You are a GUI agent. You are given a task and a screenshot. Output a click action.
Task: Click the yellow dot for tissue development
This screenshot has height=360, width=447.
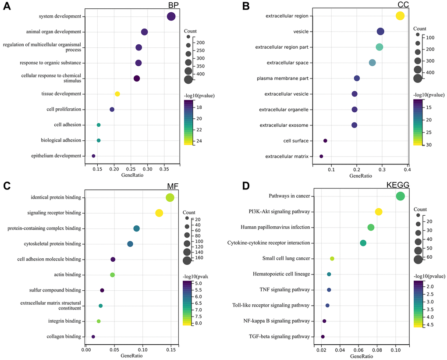(x=117, y=94)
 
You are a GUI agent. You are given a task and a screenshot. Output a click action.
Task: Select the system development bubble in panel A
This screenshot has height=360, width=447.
(x=171, y=17)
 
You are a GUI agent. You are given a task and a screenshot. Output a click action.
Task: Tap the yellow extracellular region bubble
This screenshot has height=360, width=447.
(x=400, y=16)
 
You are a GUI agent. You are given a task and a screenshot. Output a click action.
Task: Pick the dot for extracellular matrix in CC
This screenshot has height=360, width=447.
(x=321, y=156)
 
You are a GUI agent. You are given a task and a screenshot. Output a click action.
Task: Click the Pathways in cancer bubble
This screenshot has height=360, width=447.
(x=400, y=196)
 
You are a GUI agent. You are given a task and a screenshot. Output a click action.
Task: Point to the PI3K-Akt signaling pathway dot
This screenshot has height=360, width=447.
(x=379, y=212)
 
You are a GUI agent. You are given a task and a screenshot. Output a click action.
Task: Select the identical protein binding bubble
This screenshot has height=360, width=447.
(x=170, y=197)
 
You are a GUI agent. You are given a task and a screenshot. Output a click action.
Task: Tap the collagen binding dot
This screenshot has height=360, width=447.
(x=93, y=337)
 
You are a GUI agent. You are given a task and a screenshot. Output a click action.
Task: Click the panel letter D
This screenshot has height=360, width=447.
(x=246, y=186)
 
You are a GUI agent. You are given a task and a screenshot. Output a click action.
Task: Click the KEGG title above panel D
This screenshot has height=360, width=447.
(x=397, y=185)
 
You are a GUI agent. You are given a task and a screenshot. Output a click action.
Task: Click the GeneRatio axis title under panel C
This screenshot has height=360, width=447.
(x=131, y=356)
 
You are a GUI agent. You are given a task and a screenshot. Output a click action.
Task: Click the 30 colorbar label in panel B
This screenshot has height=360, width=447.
(x=429, y=144)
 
